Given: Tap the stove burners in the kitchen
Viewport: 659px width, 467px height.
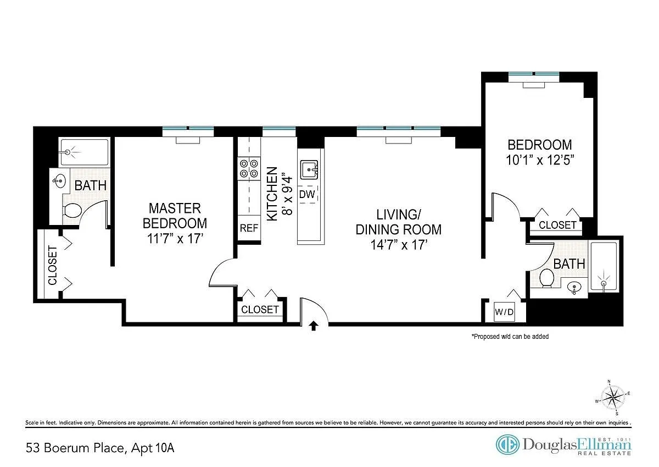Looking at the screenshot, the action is [x=249, y=168].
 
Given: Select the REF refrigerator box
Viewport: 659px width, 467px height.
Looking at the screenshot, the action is [x=249, y=228].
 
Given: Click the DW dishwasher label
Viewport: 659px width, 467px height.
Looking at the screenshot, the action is [x=307, y=195].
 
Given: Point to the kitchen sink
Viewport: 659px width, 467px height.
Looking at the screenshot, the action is [x=309, y=170].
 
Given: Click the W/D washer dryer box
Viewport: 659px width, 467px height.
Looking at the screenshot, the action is [x=504, y=312].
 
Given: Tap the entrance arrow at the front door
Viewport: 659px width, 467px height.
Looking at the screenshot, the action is [x=314, y=326].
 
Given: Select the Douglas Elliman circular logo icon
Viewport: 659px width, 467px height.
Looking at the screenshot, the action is [x=507, y=444].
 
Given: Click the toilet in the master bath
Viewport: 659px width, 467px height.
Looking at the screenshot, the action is [x=72, y=211].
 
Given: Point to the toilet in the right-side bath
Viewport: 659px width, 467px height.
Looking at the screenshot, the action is [x=546, y=278].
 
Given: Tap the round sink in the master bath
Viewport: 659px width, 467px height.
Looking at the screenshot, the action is [x=60, y=180].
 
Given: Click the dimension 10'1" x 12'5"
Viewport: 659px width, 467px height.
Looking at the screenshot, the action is [x=540, y=160].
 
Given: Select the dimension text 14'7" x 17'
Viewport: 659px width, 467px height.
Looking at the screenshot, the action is [x=399, y=245].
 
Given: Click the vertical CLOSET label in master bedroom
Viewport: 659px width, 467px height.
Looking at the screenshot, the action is [x=52, y=266].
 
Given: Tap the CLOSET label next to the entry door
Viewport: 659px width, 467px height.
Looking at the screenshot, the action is [x=260, y=309].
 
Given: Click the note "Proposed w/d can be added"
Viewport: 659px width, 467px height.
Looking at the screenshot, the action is [x=510, y=337].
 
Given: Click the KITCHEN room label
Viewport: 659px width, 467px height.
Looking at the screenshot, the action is [x=272, y=194].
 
